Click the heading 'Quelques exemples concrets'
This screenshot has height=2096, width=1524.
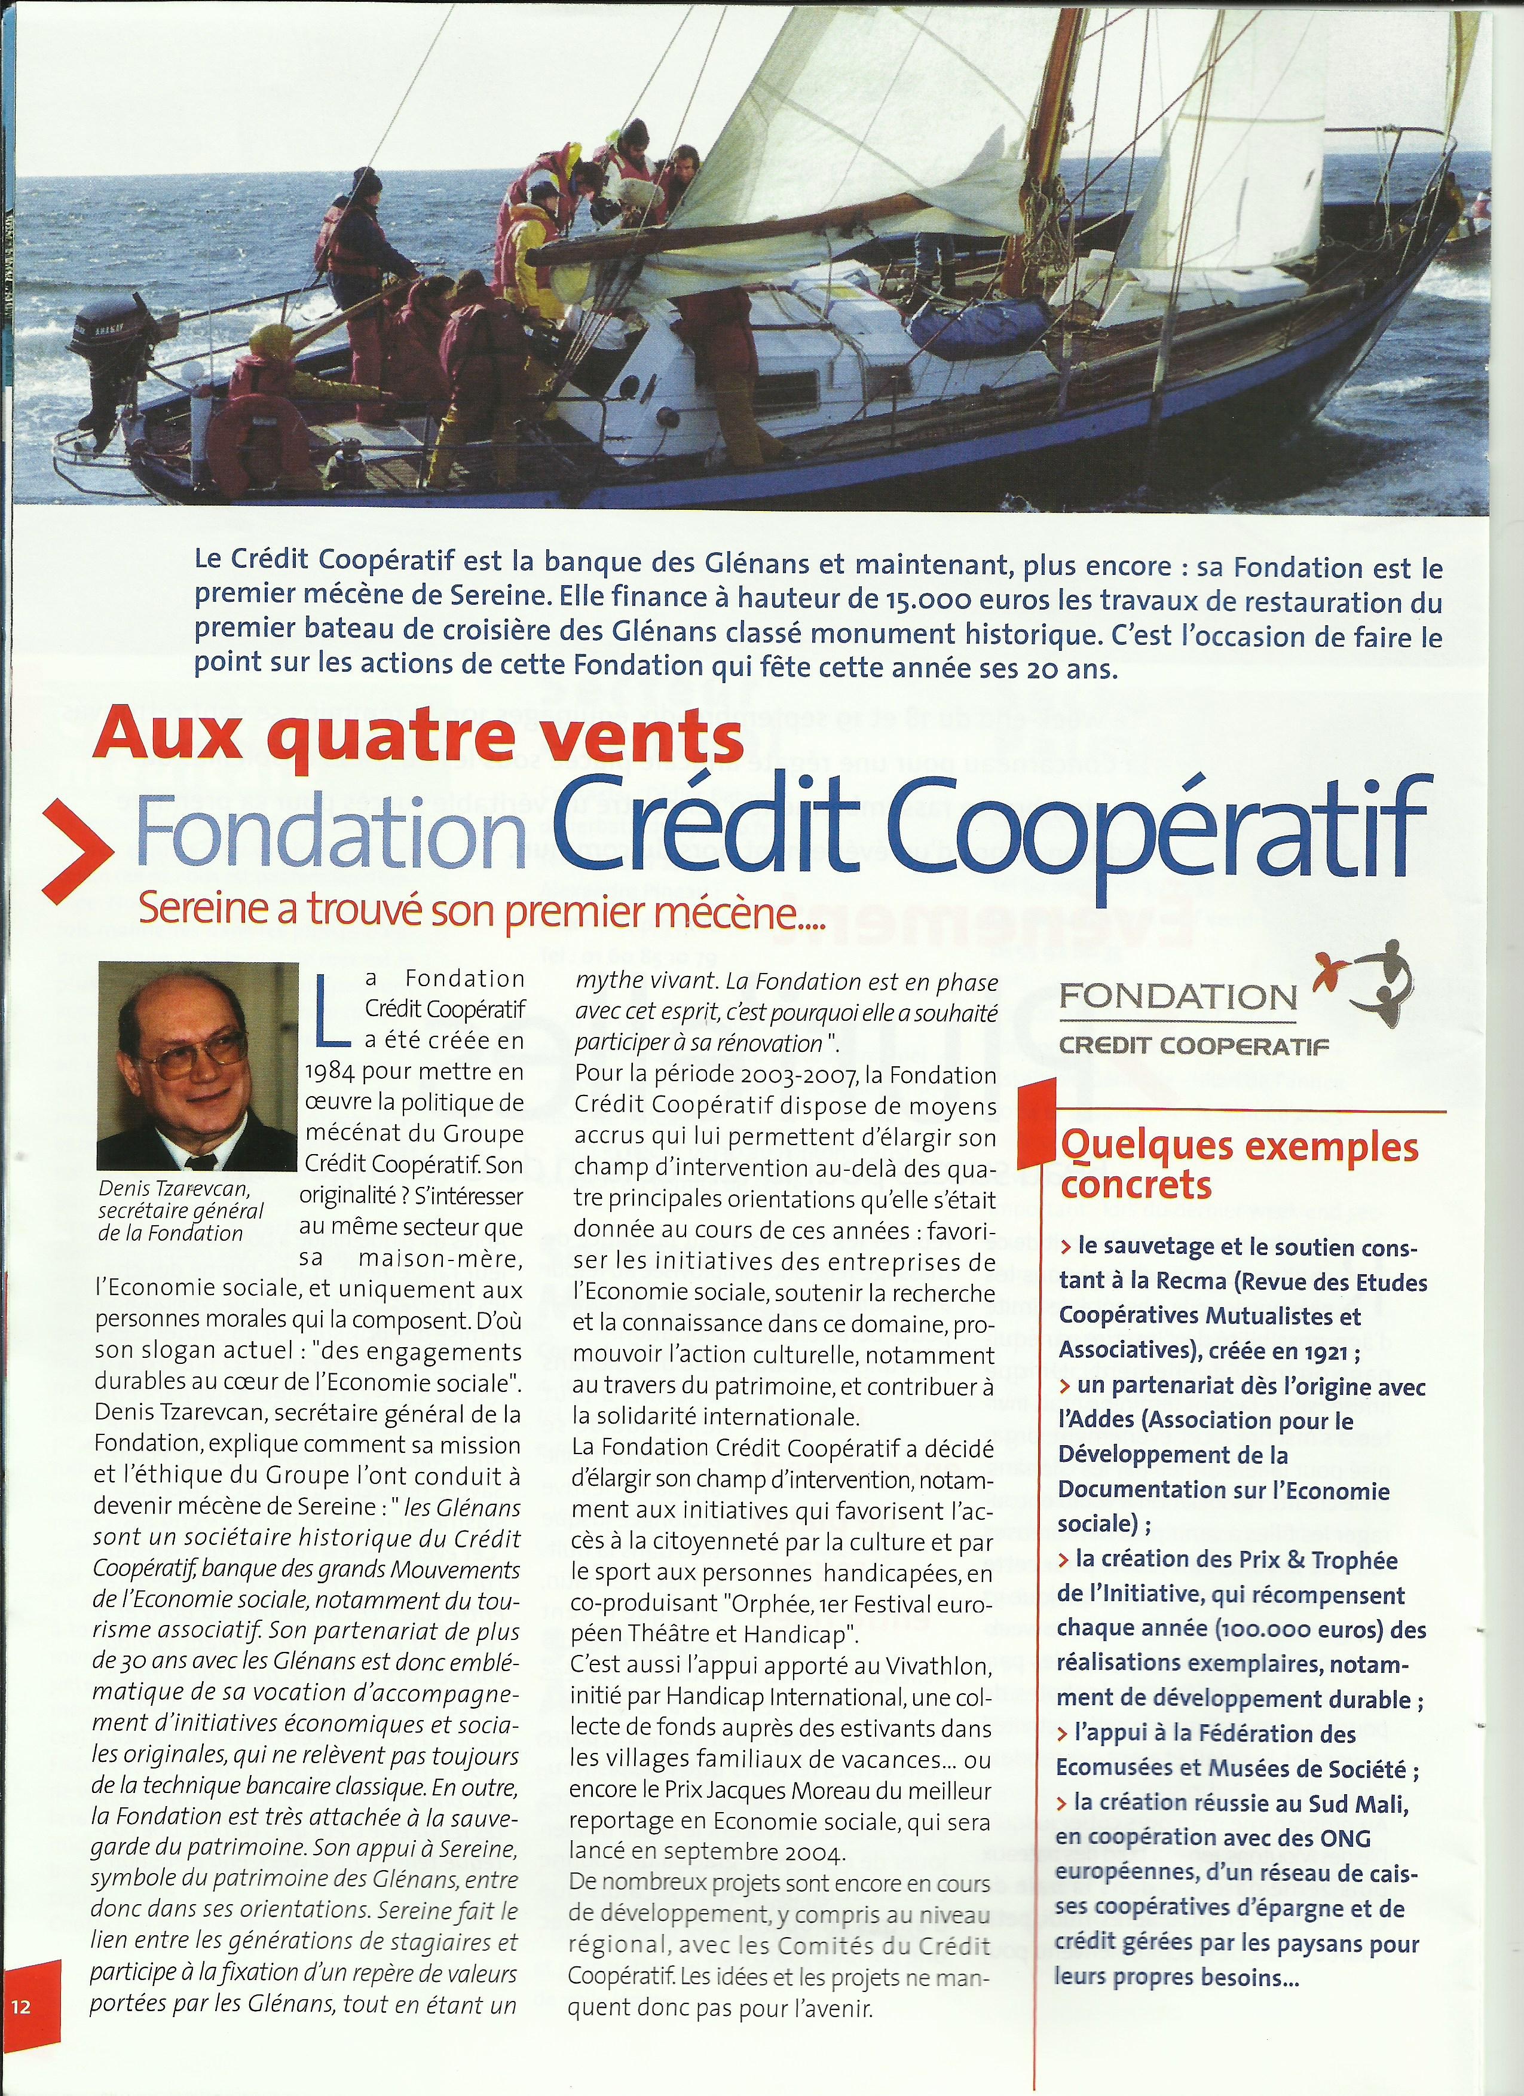tap(1238, 1164)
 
